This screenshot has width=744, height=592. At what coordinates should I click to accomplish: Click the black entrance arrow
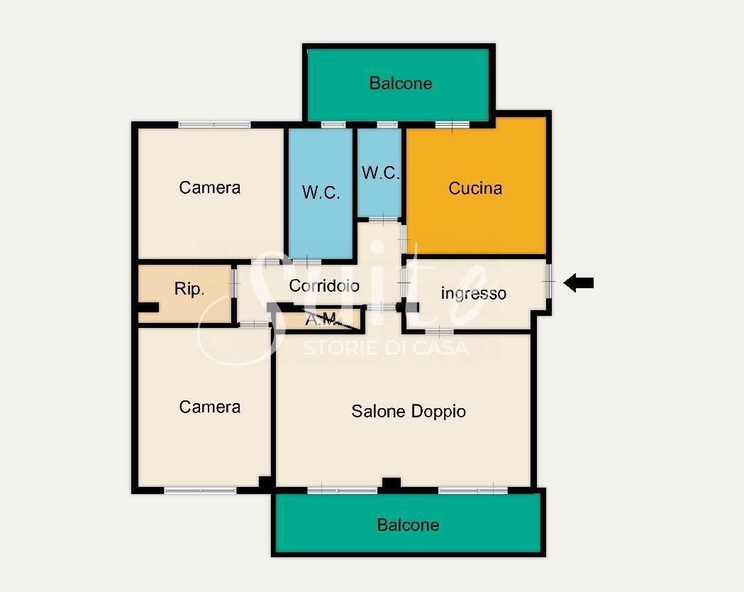point(579,283)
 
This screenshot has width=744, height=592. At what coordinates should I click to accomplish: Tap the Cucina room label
point(475,188)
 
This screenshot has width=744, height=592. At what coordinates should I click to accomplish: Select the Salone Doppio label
point(409,411)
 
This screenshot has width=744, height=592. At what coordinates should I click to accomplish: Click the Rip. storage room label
point(189,289)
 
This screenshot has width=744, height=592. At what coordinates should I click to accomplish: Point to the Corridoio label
point(324,285)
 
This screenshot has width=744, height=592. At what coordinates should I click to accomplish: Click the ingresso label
point(474,293)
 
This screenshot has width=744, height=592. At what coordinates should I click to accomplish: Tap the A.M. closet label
point(322,319)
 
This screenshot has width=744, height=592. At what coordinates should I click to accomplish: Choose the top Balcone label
point(401,84)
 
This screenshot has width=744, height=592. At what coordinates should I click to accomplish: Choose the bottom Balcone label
point(408,525)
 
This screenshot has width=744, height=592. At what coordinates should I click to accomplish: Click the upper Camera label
point(210,187)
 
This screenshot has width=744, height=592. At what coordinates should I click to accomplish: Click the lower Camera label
point(210,407)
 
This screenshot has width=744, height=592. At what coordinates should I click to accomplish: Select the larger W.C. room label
point(321,192)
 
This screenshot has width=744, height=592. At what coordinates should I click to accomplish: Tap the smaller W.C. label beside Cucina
point(381,172)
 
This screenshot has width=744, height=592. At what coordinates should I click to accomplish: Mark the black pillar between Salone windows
point(392,484)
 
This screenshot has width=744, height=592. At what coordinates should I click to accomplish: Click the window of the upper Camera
point(214,125)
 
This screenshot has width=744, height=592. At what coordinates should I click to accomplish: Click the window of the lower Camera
point(200,490)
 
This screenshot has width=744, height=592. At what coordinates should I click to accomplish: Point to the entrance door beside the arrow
point(548,282)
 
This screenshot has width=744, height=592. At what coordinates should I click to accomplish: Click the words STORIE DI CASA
point(386,348)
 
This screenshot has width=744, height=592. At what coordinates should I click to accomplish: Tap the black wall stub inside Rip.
point(148,307)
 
